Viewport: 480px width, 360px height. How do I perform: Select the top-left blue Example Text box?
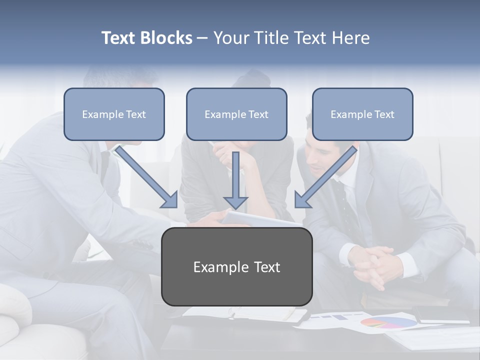pyautogui.click(x=114, y=114)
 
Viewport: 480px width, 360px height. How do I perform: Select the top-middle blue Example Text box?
pyautogui.click(x=236, y=114)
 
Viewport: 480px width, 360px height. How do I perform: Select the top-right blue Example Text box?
pyautogui.click(x=362, y=114)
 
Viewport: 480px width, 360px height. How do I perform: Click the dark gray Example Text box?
pyautogui.click(x=237, y=267)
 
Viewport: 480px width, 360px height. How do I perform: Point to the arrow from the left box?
pyautogui.click(x=147, y=177)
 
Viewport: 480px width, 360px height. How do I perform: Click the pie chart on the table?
pyautogui.click(x=388, y=322)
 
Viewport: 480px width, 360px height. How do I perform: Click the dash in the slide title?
pyautogui.click(x=203, y=38)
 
